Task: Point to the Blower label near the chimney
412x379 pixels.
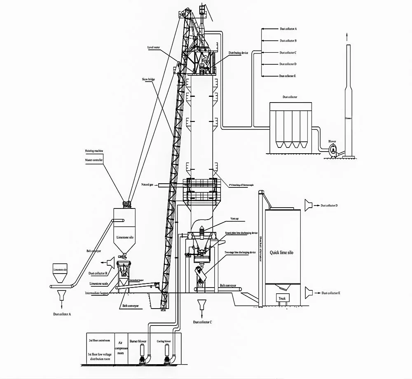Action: [332, 141]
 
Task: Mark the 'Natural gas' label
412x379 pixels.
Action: [147, 185]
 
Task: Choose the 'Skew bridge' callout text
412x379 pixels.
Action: [148, 78]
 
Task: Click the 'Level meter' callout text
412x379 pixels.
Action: [154, 48]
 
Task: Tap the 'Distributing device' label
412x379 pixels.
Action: [239, 53]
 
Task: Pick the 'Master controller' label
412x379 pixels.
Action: [94, 159]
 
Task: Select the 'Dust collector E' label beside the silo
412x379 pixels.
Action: [331, 293]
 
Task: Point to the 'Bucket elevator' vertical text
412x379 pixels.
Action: [260, 247]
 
